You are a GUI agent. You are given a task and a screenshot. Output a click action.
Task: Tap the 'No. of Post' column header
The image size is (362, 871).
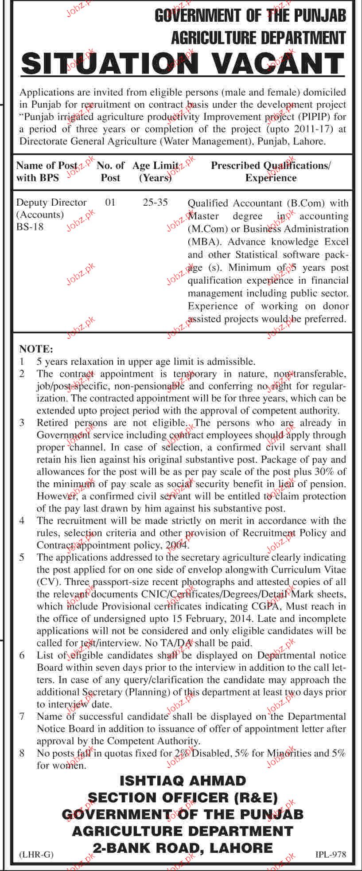110,172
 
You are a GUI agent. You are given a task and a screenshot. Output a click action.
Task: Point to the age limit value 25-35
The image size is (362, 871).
156,203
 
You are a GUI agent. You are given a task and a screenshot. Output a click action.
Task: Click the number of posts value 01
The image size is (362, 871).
110,203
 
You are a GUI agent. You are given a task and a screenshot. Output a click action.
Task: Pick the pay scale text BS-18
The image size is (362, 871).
30,227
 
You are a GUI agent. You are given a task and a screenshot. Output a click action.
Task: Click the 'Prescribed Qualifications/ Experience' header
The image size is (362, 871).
271,172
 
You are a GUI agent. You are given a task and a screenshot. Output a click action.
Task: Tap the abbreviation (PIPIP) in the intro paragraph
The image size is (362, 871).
308,117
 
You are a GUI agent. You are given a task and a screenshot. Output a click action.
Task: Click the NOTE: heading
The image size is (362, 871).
36,349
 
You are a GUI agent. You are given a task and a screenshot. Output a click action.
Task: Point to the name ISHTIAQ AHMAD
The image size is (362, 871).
182,781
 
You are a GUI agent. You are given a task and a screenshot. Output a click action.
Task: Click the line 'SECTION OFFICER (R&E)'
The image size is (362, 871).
183,797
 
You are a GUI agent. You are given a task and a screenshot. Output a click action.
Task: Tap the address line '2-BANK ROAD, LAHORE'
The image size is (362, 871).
183,848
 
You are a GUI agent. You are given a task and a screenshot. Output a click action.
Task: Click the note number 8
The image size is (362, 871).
22,753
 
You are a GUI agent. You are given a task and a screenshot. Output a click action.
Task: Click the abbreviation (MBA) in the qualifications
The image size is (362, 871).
202,242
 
